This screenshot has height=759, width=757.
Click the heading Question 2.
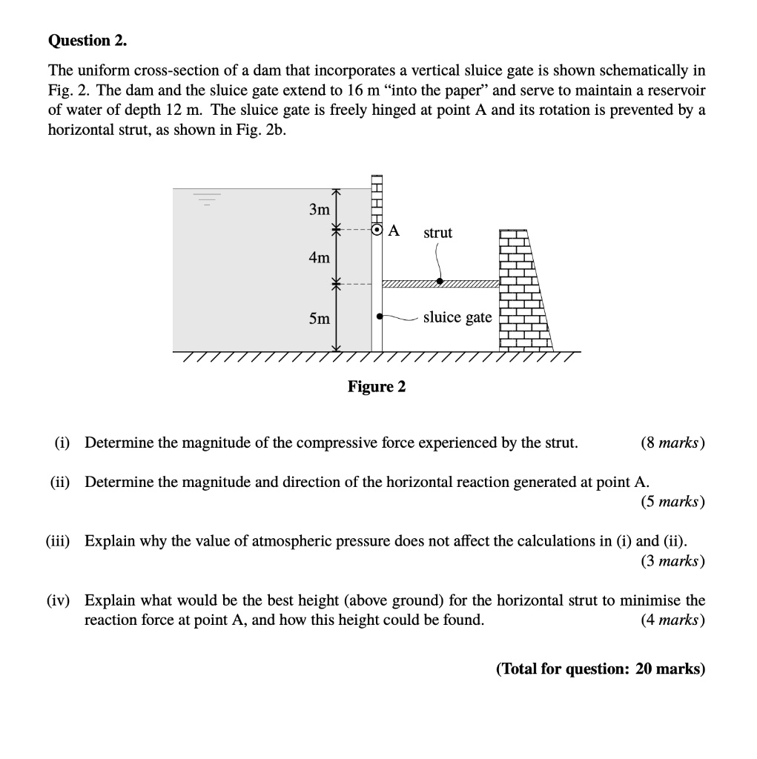tap(87, 42)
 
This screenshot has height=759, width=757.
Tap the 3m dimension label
tap(319, 210)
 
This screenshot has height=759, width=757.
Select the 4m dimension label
tap(319, 258)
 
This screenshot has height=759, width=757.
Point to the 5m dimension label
tap(319, 319)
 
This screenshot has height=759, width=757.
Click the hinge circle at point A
tap(377, 231)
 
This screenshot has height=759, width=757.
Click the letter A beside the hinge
tap(394, 231)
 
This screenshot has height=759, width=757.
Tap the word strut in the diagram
tap(437, 233)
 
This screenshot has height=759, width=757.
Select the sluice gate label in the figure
tap(457, 317)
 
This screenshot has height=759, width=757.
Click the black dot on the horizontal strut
tap(440, 282)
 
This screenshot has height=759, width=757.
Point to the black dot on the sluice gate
tap(380, 316)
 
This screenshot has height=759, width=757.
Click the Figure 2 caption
tap(377, 387)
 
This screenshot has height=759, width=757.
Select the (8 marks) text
tap(672, 443)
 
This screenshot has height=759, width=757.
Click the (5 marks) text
tap(672, 502)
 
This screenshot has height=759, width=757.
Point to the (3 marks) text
tap(672, 561)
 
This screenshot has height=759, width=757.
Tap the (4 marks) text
tap(672, 620)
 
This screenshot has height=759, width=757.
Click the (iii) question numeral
tap(58, 541)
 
